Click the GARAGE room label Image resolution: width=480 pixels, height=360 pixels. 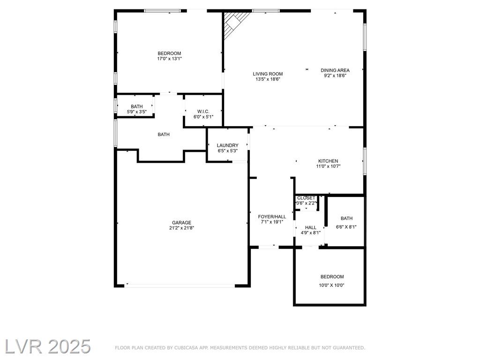pyautogui.click(x=181, y=223)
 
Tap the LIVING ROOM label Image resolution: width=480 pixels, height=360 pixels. pyautogui.click(x=268, y=74)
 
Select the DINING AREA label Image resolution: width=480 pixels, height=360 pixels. pyautogui.click(x=335, y=70)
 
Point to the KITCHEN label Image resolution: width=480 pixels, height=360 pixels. pyautogui.click(x=328, y=161)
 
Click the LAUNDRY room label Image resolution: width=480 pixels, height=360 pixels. pyautogui.click(x=227, y=145)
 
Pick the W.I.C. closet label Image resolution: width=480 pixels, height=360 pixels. pyautogui.click(x=203, y=112)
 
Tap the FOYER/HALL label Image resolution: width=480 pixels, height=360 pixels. pyautogui.click(x=272, y=217)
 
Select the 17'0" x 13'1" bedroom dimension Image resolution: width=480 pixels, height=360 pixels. pyautogui.click(x=170, y=59)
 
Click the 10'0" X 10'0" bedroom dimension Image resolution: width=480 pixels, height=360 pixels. pyautogui.click(x=332, y=285)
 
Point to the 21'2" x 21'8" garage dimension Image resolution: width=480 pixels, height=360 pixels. pyautogui.click(x=181, y=228)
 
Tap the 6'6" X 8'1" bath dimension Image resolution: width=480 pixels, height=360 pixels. pyautogui.click(x=346, y=227)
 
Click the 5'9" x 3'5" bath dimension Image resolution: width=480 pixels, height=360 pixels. pyautogui.click(x=137, y=112)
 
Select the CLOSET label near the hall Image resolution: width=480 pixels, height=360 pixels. pyautogui.click(x=306, y=198)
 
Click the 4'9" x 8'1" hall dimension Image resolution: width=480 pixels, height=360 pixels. pyautogui.click(x=311, y=232)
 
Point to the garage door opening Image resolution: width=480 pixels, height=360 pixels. pyautogui.click(x=180, y=285)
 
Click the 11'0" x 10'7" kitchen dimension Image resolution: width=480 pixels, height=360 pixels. pyautogui.click(x=328, y=166)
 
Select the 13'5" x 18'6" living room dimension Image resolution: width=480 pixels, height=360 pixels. pyautogui.click(x=268, y=79)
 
